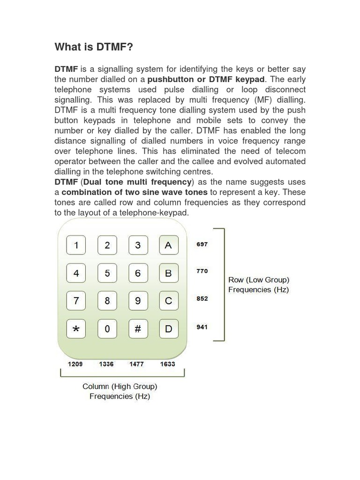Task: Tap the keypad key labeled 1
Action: pos(76,245)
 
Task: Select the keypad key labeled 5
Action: pos(107,273)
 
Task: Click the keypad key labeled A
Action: pos(168,245)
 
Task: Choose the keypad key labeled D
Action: pos(168,329)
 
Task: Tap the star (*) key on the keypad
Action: pos(76,329)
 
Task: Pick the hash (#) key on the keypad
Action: pos(138,329)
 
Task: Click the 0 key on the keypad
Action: pos(107,329)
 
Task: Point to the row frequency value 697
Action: pos(202,245)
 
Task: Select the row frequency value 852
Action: pos(202,299)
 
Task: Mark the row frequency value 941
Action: pos(202,327)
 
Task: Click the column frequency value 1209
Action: pos(75,364)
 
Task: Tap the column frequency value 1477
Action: pos(137,364)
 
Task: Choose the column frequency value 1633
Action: pos(168,364)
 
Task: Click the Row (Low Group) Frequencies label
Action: pos(258,285)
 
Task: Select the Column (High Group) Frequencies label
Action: pos(120,391)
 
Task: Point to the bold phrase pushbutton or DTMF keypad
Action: pos(206,79)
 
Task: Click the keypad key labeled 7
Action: pos(76,301)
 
